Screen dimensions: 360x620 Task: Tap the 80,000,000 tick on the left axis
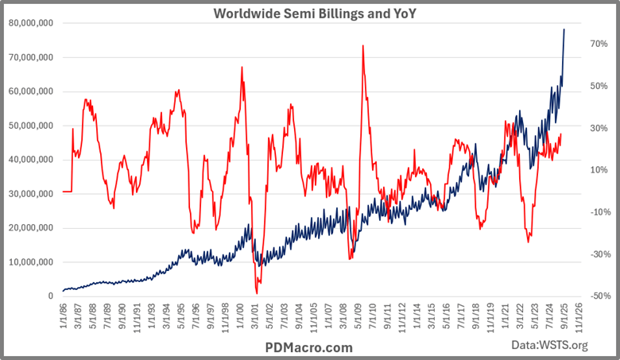pos(31,23)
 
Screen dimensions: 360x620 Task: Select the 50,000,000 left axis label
pos(31,126)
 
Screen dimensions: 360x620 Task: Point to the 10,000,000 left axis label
pos(31,262)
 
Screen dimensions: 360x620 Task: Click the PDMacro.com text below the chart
pos(309,347)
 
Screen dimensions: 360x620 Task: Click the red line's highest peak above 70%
pos(362,45)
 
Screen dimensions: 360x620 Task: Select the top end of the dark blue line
pos(564,29)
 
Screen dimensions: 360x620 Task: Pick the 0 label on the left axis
pos(49,296)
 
